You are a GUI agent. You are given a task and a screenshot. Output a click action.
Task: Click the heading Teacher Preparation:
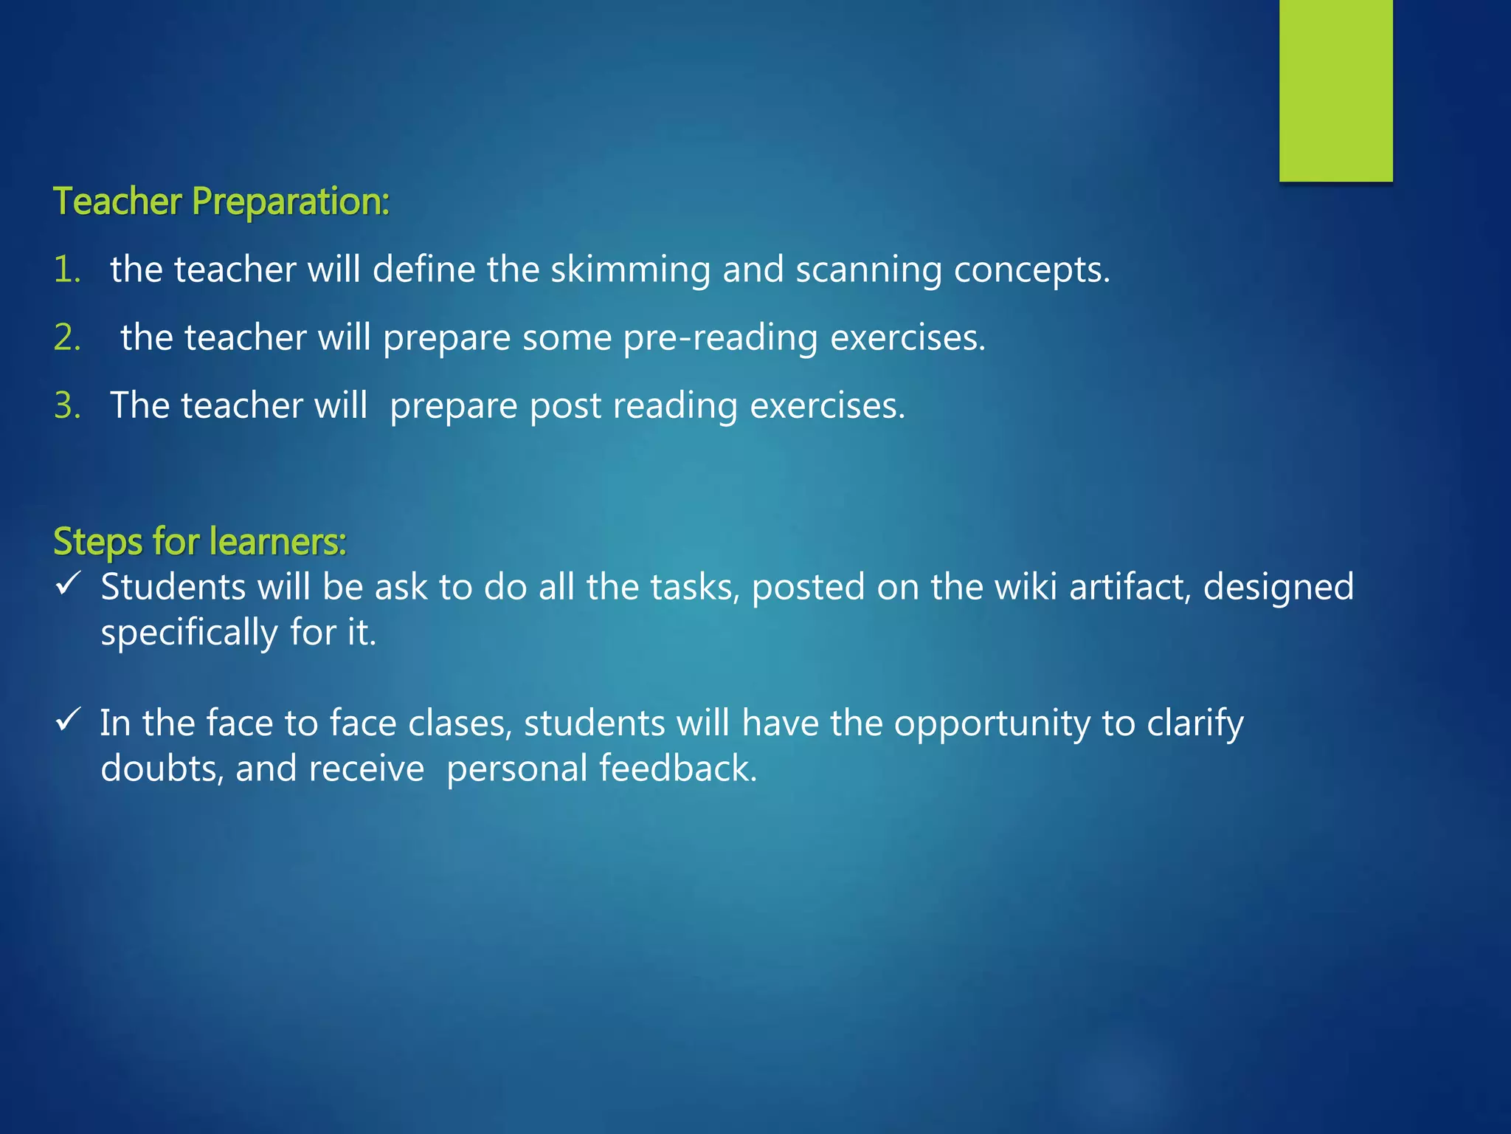[x=221, y=202]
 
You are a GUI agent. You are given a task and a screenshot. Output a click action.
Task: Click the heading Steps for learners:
[x=200, y=541]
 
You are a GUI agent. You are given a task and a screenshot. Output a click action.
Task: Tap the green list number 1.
[x=66, y=269]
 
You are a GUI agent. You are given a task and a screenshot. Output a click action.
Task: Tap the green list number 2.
[x=66, y=337]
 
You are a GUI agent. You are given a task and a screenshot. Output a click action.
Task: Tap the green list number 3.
[x=66, y=405]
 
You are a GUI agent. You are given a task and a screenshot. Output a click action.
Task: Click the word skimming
[x=630, y=270]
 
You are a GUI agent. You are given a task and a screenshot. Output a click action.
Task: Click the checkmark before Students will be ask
[x=68, y=585]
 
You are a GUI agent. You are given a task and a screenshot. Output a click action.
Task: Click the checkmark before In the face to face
[x=68, y=720]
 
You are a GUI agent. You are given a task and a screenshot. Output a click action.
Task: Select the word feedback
[x=678, y=769]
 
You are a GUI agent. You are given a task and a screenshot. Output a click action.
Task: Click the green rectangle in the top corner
[x=1335, y=90]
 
